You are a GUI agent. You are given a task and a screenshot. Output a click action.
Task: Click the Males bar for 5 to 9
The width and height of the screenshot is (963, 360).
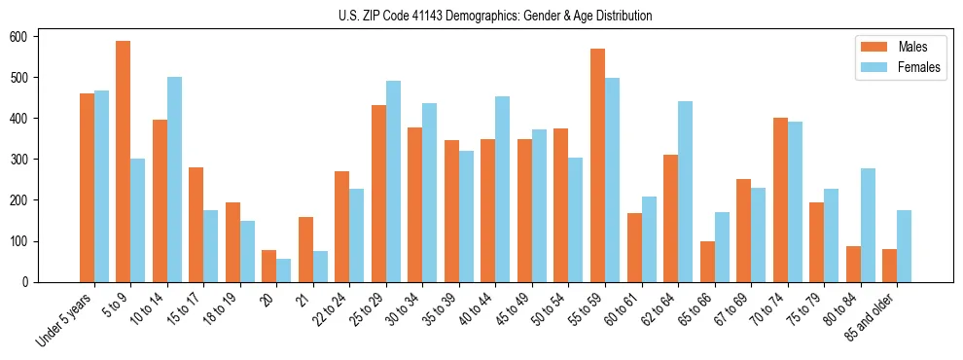pyautogui.click(x=124, y=162)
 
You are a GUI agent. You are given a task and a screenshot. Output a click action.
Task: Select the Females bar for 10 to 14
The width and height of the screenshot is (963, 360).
pyautogui.click(x=174, y=180)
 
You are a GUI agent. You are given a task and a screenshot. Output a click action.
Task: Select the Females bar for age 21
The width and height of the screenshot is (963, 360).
pyautogui.click(x=320, y=267)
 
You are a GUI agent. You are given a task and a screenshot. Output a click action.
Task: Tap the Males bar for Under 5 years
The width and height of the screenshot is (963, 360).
pyautogui.click(x=87, y=188)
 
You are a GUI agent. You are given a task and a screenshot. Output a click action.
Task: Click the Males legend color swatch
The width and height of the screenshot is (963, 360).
pyautogui.click(x=869, y=47)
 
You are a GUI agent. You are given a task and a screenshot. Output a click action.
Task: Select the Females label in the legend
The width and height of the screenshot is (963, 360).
pyautogui.click(x=920, y=69)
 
